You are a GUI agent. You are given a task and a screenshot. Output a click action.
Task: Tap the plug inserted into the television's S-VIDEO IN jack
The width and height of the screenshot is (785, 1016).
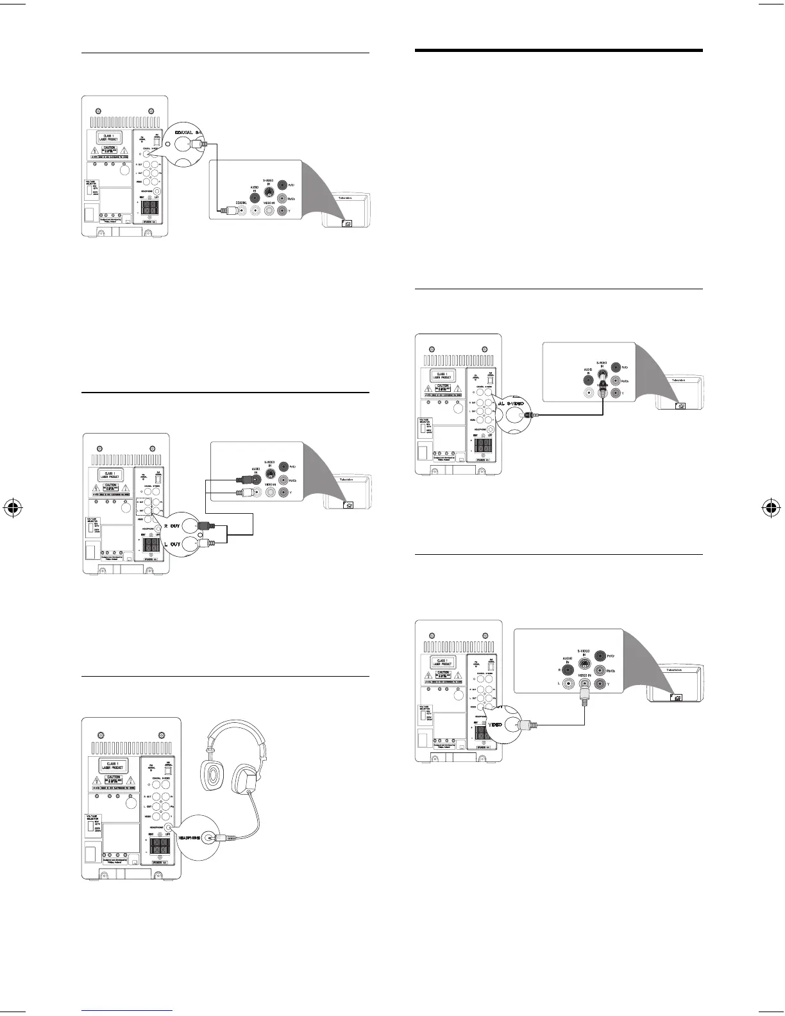(603, 387)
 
